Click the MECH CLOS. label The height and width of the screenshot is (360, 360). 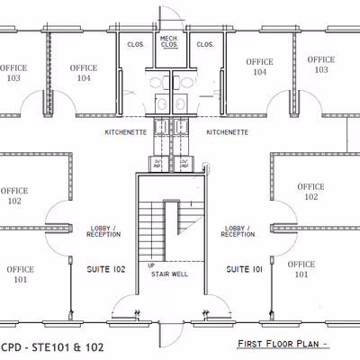[x=168, y=41]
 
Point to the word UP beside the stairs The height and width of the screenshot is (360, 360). [x=150, y=265]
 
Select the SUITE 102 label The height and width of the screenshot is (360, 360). [x=106, y=269]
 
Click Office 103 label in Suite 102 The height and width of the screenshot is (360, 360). [x=13, y=73]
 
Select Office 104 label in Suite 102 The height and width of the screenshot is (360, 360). [x=84, y=73]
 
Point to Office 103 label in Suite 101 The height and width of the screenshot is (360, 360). [x=320, y=65]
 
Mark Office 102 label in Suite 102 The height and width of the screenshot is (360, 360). [x=13, y=196]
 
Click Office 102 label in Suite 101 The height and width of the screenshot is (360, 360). [x=311, y=192]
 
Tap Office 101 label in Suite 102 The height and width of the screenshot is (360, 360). [x=21, y=274]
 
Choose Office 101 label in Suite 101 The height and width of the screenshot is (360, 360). [x=301, y=269]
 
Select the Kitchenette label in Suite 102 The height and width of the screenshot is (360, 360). [x=125, y=132]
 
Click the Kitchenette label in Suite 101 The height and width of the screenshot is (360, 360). [x=228, y=132]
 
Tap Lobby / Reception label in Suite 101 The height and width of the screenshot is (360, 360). [x=238, y=231]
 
